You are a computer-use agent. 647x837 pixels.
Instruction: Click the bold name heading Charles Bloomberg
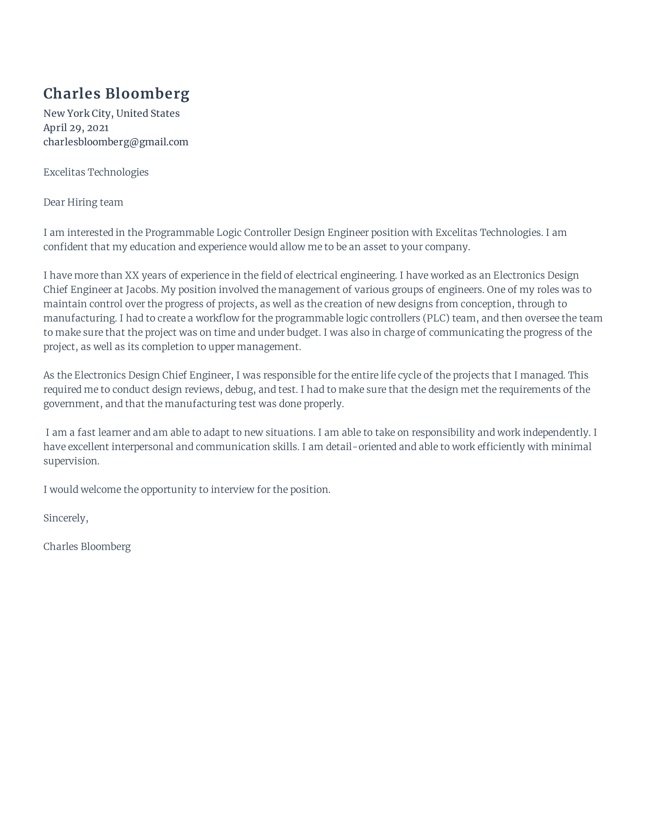[116, 94]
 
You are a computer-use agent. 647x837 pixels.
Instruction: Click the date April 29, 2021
[76, 127]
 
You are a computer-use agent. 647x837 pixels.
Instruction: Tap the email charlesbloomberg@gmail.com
[116, 142]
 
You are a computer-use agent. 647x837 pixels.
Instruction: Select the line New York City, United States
[111, 113]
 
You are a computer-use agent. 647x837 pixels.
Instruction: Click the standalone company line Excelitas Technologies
[96, 172]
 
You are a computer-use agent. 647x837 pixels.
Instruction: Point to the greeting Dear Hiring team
[83, 202]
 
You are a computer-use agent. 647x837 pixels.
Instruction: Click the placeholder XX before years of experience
[132, 275]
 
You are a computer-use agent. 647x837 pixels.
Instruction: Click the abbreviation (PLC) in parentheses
[436, 318]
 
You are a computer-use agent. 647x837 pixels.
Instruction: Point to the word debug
[240, 389]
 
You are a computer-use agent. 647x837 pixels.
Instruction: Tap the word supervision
[71, 461]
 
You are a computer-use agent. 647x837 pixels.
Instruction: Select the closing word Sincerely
[65, 518]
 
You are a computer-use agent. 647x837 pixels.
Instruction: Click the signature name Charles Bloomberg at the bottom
[87, 546]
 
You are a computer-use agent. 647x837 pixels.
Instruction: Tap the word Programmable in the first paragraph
[179, 232]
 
